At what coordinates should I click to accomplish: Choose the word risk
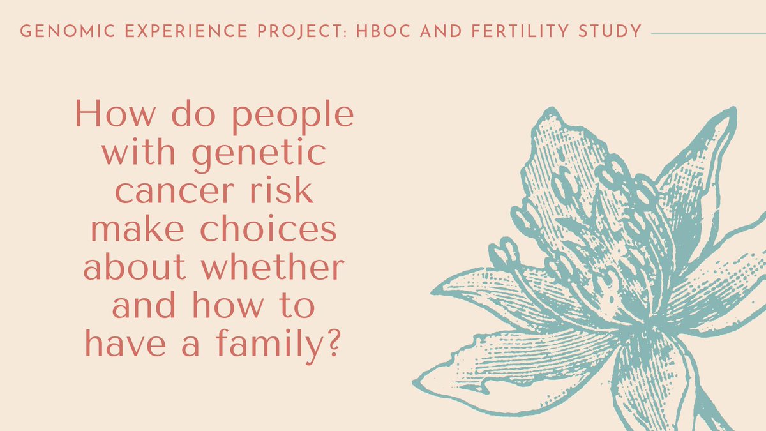point(288,192)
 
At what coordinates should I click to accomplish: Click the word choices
point(273,230)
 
